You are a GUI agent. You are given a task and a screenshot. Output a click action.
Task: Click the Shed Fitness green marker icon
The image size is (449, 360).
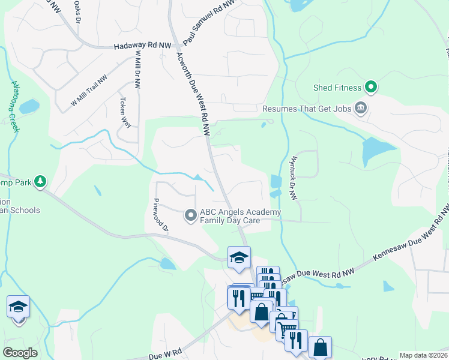(x=371, y=88)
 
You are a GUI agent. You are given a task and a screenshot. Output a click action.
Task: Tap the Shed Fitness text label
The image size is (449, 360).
(x=337, y=88)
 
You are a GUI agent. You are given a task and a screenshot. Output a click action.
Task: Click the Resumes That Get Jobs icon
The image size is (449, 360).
(x=361, y=109)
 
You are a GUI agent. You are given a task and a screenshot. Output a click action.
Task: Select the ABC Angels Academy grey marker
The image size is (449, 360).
(x=190, y=214)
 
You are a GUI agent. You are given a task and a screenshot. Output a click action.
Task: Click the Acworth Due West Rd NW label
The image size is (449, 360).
(x=194, y=93)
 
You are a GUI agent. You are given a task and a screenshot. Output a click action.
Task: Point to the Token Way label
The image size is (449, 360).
(x=125, y=112)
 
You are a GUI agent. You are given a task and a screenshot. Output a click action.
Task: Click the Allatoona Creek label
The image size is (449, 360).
(x=16, y=108)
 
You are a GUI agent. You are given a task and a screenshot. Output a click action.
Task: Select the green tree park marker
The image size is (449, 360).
(x=40, y=181)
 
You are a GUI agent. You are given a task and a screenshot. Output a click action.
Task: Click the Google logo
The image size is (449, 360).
(x=20, y=352)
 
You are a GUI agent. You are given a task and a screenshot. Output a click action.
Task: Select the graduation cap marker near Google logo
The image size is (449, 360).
(x=19, y=307)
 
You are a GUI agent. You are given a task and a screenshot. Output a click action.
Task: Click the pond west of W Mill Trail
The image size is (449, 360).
(x=29, y=107)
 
